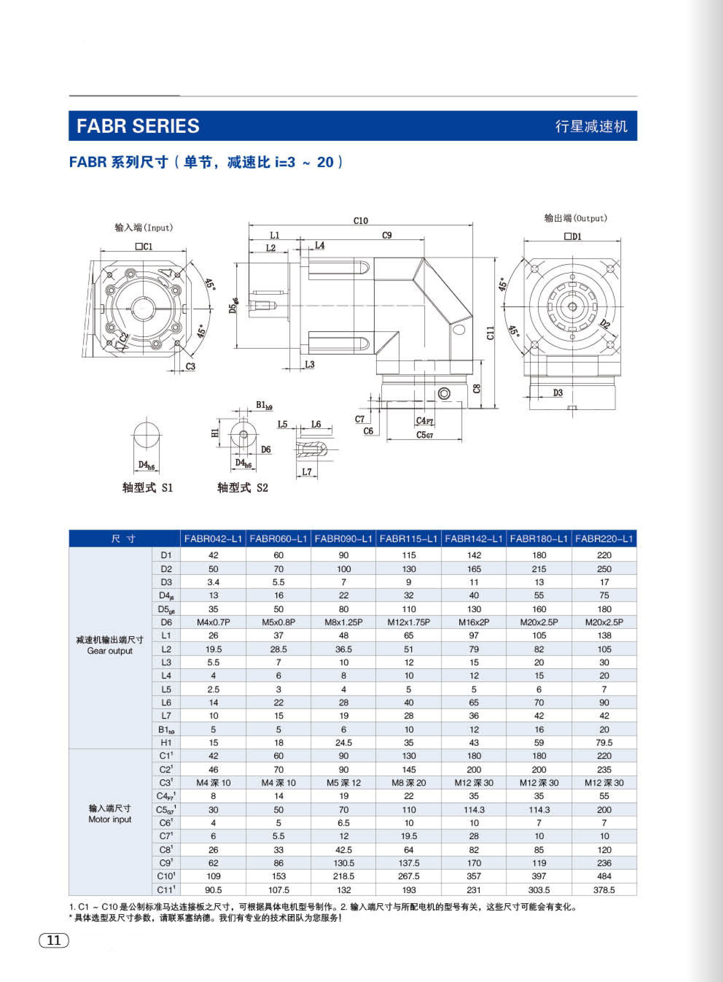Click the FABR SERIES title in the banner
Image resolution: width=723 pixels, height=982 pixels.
coord(138,126)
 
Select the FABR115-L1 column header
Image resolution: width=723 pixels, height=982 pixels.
coord(408,538)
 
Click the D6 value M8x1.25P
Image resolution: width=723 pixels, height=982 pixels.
coord(344,622)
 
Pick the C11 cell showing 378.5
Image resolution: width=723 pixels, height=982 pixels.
coord(604,889)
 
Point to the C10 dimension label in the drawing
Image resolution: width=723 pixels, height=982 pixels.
coord(360,221)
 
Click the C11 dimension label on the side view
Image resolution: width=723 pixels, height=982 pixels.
coord(490,333)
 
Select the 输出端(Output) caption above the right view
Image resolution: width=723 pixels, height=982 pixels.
coord(575,218)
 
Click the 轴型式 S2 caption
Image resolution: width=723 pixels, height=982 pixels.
coord(242,488)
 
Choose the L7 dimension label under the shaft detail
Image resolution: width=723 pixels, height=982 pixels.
coord(307,472)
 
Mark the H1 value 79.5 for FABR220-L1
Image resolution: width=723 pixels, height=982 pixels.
coord(604,742)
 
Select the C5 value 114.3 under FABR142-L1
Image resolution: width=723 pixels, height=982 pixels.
coord(474,810)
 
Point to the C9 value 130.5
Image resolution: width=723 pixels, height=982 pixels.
coord(344,863)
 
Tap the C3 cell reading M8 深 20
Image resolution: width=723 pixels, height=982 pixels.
coord(408,783)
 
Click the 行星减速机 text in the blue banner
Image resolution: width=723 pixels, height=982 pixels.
coord(591,127)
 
